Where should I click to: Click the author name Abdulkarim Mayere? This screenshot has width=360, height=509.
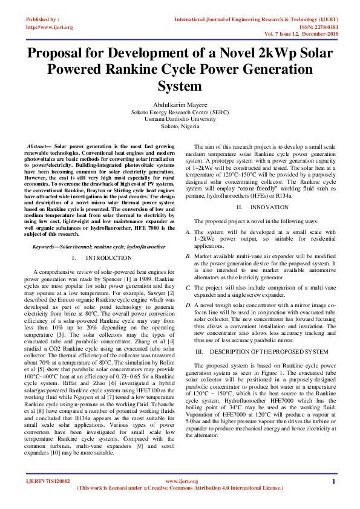(180, 104)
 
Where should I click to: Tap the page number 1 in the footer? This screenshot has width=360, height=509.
(333, 481)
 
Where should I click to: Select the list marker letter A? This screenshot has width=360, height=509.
(188, 232)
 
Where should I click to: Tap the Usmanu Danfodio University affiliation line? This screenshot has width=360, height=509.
(180, 120)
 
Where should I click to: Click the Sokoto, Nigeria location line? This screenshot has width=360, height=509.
(180, 127)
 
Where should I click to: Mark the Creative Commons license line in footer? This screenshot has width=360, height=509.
(180, 488)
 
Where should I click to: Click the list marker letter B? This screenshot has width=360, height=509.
(188, 257)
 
